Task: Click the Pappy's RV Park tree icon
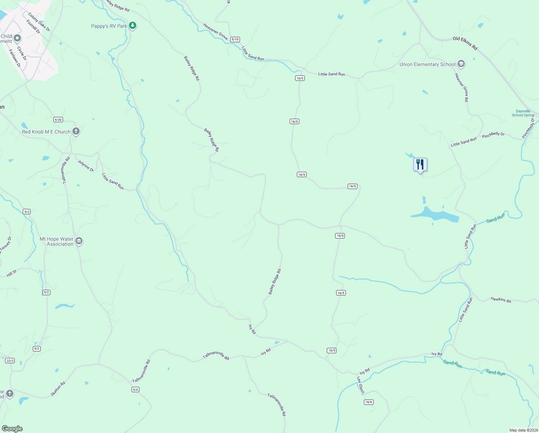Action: pos(133,26)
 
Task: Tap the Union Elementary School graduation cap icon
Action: pos(461,64)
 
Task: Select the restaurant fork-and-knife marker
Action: pos(420,165)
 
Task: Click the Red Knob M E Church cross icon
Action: pos(76,131)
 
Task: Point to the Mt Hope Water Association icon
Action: pos(79,241)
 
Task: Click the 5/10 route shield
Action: pos(235,39)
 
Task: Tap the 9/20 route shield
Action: pos(58,119)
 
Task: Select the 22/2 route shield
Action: pos(10,361)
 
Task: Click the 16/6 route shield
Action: pos(368,402)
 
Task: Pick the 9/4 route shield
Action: pos(135,389)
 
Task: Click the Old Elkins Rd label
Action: pos(465,43)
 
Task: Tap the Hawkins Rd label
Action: pos(501,299)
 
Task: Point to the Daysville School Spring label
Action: pos(523,113)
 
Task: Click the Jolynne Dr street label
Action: pos(86,166)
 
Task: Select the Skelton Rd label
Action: pos(58,389)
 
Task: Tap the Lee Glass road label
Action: pos(361,385)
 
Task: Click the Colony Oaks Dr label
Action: pos(39,22)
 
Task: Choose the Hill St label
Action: pos(12,273)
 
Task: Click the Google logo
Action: pos(12,429)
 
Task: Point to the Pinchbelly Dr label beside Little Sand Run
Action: pos(493,135)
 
